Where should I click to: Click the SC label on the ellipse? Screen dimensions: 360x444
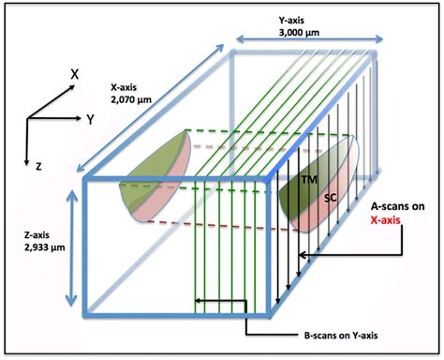point(330,198)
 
